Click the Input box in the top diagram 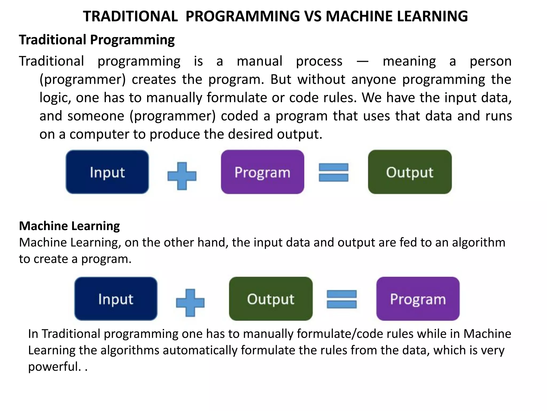click(x=107, y=172)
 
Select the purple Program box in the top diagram click(x=263, y=172)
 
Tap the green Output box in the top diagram click(x=410, y=172)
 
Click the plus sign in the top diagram click(x=182, y=176)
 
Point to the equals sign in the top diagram click(x=334, y=172)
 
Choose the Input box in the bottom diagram click(x=116, y=299)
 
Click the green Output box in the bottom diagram click(x=271, y=299)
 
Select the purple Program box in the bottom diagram click(x=418, y=299)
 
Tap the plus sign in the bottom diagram click(x=190, y=303)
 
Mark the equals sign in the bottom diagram click(x=342, y=299)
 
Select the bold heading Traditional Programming click(x=97, y=40)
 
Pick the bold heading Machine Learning click(x=69, y=226)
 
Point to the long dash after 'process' click(x=362, y=62)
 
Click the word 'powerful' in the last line click(x=53, y=367)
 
